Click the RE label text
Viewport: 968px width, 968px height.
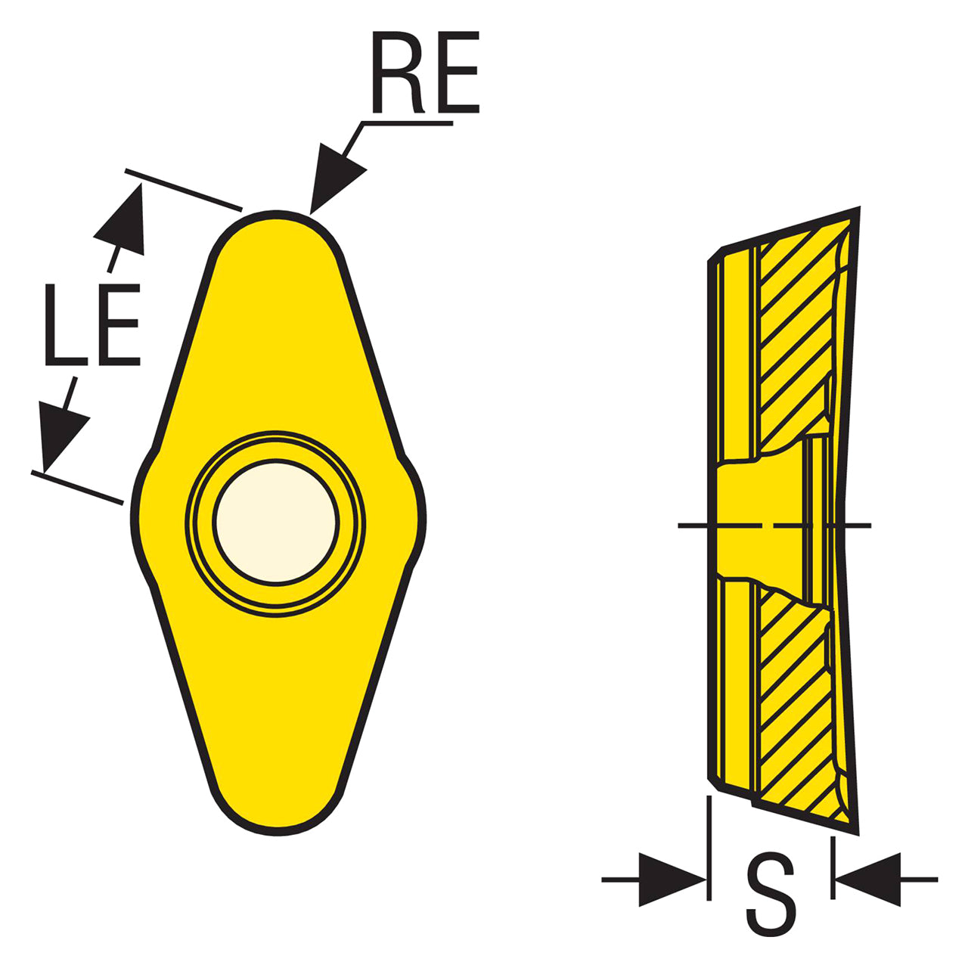pyautogui.click(x=426, y=73)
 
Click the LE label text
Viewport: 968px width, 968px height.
pyautogui.click(x=92, y=324)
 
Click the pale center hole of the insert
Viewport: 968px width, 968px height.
pyautogui.click(x=275, y=523)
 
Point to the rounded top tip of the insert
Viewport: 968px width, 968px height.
pyautogui.click(x=276, y=215)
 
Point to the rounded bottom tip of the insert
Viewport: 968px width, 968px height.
pyautogui.click(x=278, y=833)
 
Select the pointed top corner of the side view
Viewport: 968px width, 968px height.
pyautogui.click(x=858, y=208)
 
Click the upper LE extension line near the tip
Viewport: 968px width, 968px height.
pyautogui.click(x=183, y=189)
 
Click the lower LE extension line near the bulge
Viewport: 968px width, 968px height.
pyautogui.click(x=77, y=487)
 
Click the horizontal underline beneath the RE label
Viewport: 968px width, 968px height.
pyautogui.click(x=407, y=123)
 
